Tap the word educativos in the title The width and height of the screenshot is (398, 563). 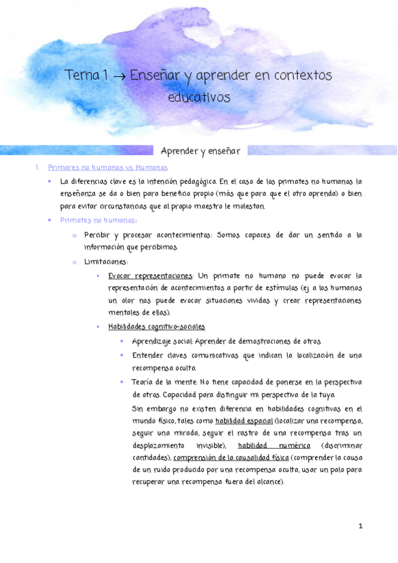tap(199, 96)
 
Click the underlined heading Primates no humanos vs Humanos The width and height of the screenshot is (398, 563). tap(108, 168)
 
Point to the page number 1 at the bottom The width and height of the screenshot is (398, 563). tap(359, 526)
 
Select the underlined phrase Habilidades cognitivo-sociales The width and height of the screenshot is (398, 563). tap(156, 327)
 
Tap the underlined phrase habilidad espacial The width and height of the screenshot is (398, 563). tap(245, 421)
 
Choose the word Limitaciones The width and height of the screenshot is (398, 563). tap(106, 262)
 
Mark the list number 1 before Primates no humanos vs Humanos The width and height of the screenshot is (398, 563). tap(37, 168)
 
